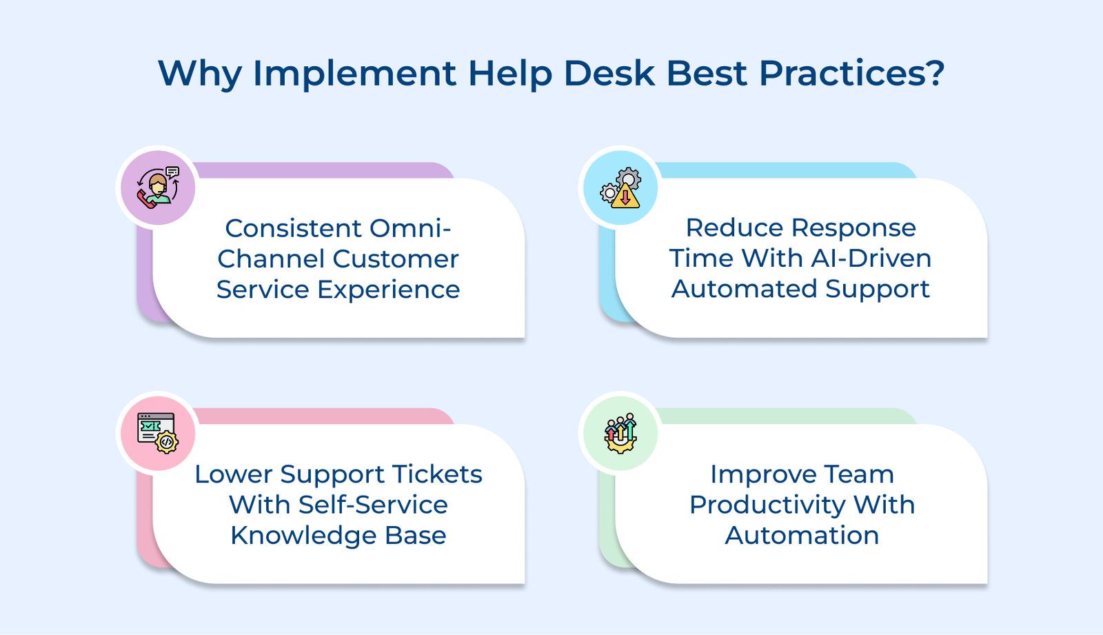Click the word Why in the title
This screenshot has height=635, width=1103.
pyautogui.click(x=200, y=74)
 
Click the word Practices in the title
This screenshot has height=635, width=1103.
pyautogui.click(x=840, y=73)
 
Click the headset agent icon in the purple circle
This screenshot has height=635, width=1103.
pyautogui.click(x=158, y=188)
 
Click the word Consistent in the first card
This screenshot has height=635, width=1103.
pyautogui.click(x=294, y=228)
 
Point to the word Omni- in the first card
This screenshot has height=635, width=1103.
pyautogui.click(x=410, y=228)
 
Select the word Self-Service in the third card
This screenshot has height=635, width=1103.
pyautogui.click(x=373, y=505)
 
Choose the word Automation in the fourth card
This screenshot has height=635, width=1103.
pyautogui.click(x=802, y=536)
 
